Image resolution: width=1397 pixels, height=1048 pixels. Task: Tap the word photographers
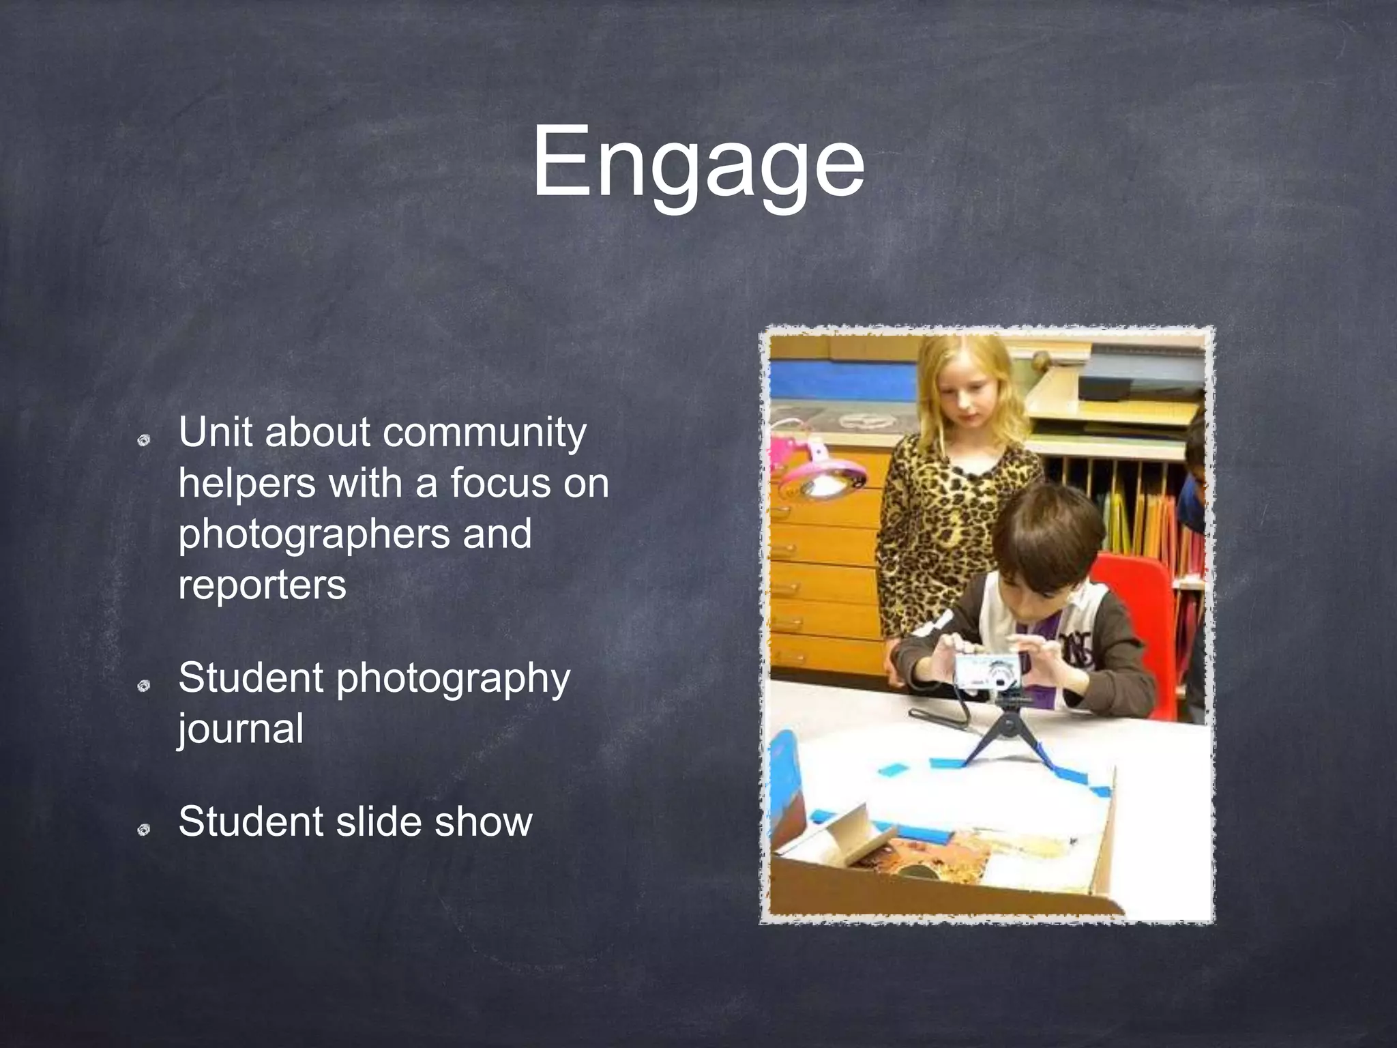(314, 534)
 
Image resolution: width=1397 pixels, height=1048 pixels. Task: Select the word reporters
(263, 585)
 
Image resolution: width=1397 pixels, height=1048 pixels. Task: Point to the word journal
(241, 729)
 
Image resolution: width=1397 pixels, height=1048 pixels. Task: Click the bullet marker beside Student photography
(143, 686)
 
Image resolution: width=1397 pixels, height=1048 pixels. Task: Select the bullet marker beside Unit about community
(143, 441)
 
